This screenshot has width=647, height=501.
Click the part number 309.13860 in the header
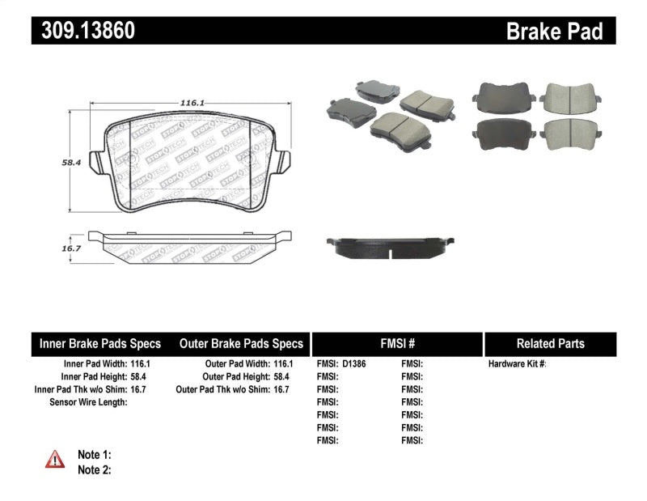83,31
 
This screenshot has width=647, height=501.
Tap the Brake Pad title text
554,32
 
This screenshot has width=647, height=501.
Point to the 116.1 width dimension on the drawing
190,103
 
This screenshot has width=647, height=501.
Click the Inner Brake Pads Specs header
100,344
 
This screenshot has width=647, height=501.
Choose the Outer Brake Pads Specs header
241,344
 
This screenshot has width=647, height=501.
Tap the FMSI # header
396,344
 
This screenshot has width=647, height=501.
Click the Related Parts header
550,344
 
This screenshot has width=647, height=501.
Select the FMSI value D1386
354,364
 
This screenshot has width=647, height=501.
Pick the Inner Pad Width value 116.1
139,364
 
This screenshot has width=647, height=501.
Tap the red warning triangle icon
55,460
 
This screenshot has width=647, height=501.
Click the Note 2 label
94,469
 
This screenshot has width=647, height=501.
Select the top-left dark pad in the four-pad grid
502,98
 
